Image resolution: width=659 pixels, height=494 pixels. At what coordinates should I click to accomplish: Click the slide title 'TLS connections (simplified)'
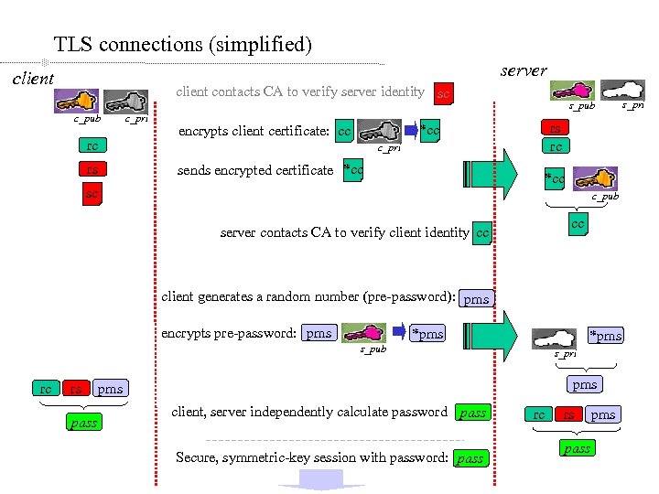pyautogui.click(x=183, y=44)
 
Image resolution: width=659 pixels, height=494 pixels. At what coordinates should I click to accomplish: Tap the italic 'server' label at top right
pyautogui.click(x=524, y=70)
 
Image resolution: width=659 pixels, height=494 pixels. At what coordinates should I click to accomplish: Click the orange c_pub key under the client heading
pyautogui.click(x=82, y=101)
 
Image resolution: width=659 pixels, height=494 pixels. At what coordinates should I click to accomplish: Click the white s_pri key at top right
pyautogui.click(x=621, y=89)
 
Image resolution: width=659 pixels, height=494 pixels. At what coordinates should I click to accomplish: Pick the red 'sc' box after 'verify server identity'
pyautogui.click(x=444, y=93)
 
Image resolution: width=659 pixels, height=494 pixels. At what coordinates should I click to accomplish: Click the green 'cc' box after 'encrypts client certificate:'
pyautogui.click(x=345, y=132)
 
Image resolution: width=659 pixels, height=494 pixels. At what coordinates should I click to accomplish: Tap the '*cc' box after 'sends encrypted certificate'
pyautogui.click(x=352, y=170)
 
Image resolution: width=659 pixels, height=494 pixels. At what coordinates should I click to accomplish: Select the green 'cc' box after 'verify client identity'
pyautogui.click(x=482, y=233)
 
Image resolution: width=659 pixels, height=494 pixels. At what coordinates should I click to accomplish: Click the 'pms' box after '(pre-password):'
pyautogui.click(x=476, y=299)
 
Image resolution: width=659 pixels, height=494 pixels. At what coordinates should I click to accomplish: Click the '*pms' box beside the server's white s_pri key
pyautogui.click(x=605, y=336)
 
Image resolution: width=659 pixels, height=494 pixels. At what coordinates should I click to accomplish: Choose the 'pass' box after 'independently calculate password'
pyautogui.click(x=472, y=413)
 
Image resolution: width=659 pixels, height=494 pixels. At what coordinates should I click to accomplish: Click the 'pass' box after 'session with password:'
pyautogui.click(x=470, y=458)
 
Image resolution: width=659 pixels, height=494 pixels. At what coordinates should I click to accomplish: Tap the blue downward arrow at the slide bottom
pyautogui.click(x=315, y=479)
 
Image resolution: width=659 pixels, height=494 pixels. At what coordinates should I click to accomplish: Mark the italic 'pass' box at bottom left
pyautogui.click(x=83, y=423)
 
